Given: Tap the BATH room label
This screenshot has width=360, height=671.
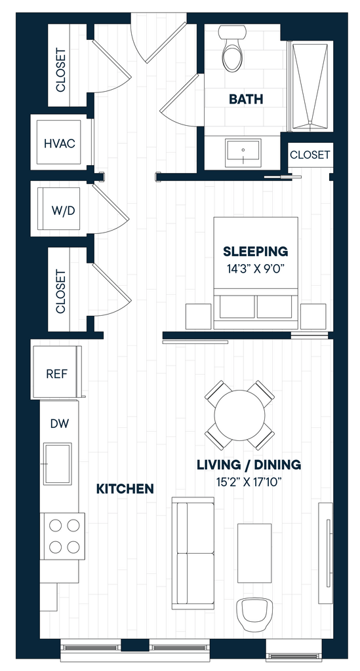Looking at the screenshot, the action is point(246,100).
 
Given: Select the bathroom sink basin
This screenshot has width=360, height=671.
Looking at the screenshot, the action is point(243,152).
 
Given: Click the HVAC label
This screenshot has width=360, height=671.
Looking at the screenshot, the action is point(60,144).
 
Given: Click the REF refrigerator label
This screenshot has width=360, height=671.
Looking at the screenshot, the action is point(56,374).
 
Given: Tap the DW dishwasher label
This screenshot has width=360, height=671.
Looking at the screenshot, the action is point(60,424).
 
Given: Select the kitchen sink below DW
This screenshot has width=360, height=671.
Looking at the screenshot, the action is point(57,464).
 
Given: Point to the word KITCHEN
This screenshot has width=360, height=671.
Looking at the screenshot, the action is point(125,489).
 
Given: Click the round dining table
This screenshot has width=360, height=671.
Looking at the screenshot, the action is point(240,415).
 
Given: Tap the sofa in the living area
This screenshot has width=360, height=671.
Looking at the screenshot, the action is point(193,553).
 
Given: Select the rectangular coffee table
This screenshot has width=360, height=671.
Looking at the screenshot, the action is point(254,553).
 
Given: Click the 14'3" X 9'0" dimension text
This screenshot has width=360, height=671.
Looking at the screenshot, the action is point(256,269).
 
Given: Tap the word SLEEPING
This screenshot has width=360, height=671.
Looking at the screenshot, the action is point(256,251).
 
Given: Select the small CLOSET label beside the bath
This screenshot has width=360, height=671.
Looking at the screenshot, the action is point(310,155).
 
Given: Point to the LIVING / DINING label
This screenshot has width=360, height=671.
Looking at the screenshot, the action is point(249,465).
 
